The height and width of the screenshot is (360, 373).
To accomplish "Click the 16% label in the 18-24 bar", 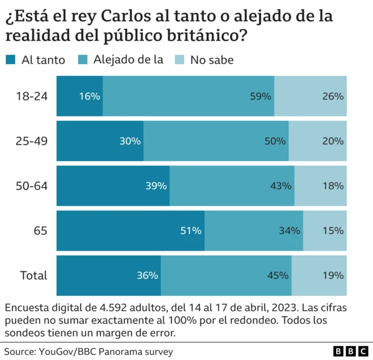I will pos(90,96).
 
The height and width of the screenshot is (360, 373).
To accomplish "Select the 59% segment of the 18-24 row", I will pos(189,96).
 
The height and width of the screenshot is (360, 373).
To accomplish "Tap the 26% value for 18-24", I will pos(333,96).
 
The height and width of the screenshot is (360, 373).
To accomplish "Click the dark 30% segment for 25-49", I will pos(100,141).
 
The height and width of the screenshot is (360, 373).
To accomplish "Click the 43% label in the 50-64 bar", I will pos(281,186).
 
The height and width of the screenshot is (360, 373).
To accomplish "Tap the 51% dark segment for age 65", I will pos(131,230).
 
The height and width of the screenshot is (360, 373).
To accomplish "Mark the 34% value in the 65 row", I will pos(290,230).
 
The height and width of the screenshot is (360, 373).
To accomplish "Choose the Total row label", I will pos(33,275).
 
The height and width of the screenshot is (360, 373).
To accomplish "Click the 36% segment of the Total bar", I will pos(109,275).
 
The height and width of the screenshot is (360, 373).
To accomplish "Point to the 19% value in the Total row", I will pos(333,275).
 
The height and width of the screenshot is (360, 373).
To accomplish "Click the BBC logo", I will pos(350,351).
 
